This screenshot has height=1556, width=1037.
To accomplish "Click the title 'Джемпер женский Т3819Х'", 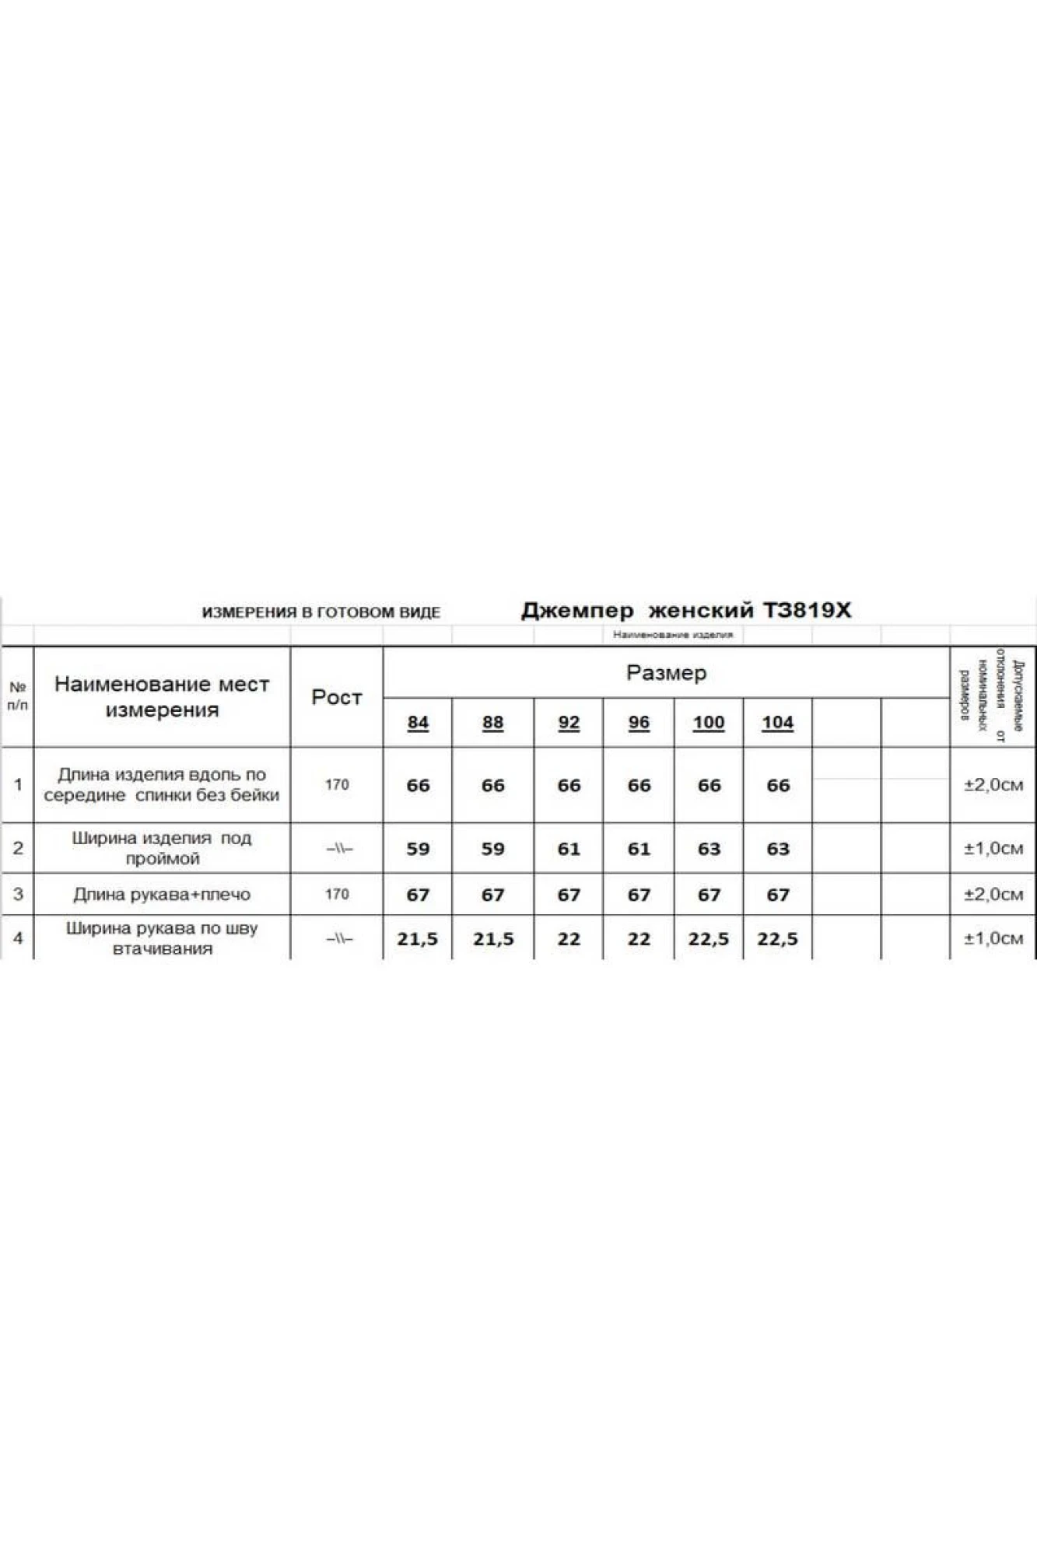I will coord(685,611).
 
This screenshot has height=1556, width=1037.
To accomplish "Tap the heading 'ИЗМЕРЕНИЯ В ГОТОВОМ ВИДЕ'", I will coord(321,612).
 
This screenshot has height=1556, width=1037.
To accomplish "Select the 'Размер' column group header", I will coord(666,673).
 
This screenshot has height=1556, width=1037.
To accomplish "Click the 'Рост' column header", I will coord(336,697).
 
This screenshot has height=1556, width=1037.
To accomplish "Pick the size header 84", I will coord(418,723).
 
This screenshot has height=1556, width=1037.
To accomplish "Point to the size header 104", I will coord(777,723).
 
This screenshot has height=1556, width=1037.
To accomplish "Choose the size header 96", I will coord(639,723).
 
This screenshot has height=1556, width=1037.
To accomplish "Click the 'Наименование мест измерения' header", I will coord(162,697).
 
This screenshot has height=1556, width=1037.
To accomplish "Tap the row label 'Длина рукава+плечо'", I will coord(162,895).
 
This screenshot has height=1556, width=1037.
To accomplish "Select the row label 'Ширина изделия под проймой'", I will coord(162,848).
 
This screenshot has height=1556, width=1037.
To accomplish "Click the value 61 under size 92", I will coord(569,849).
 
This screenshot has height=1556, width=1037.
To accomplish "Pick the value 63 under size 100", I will coord(709,849).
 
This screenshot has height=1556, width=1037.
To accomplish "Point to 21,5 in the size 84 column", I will coord(417,939).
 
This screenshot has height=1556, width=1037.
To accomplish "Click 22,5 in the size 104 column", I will coord(777,939).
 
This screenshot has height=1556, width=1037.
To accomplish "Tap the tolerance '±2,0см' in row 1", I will coord(993,785).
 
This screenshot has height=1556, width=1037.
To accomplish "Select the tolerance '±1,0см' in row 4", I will coord(993,939).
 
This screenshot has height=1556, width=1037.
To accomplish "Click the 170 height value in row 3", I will coord(337,895).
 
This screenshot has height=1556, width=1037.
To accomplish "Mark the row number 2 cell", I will coord(18,848).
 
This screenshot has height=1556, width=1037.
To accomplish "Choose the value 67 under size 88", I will coord(492,895).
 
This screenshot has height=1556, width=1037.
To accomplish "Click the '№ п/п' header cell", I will coord(17,696).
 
